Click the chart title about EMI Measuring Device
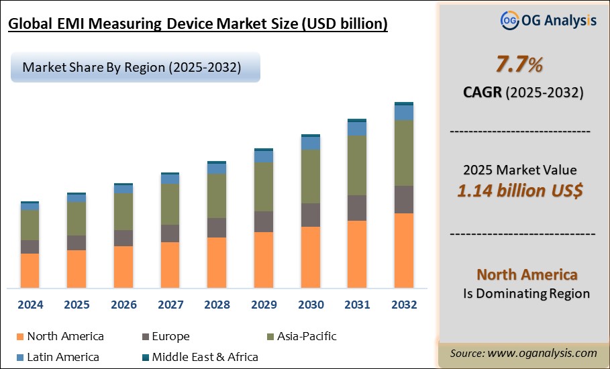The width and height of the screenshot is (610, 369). click(197, 25)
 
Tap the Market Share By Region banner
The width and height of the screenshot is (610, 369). click(132, 68)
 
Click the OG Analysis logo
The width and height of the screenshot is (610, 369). click(548, 20)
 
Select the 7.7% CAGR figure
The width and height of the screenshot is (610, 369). click(519, 66)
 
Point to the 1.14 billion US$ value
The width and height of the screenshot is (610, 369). click(519, 191)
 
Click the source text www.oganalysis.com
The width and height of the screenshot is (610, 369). click(523, 353)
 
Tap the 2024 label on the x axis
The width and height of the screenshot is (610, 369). click(30, 305)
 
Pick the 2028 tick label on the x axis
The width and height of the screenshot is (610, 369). click(217, 305)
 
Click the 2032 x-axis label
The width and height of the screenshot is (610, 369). click(403, 305)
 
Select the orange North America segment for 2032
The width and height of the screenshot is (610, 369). click(403, 251)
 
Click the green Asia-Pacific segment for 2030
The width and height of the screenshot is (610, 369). click(311, 176)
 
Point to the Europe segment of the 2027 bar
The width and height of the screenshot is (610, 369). click(170, 233)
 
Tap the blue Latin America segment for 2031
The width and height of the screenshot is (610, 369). click(357, 128)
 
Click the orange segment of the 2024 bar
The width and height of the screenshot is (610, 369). click(30, 271)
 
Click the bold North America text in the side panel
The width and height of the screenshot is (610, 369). click(527, 274)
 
